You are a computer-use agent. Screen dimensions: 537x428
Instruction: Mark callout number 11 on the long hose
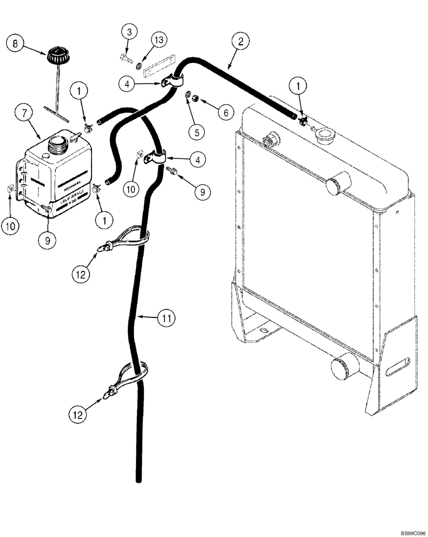click(166, 318)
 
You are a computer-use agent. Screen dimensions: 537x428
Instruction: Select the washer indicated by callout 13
click(139, 66)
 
